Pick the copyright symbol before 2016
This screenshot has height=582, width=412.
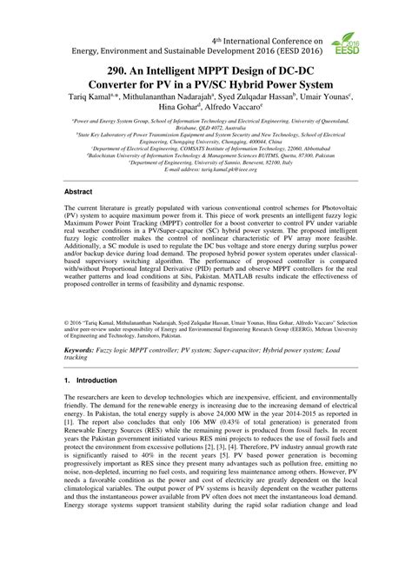click(x=68, y=320)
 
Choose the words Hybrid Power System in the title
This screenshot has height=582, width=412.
click(x=289, y=85)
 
